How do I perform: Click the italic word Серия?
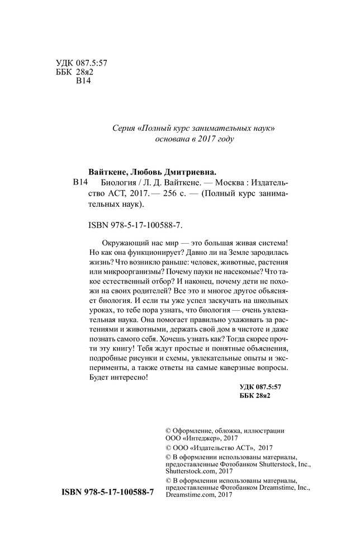click(124, 129)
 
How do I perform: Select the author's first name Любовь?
click(155, 172)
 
